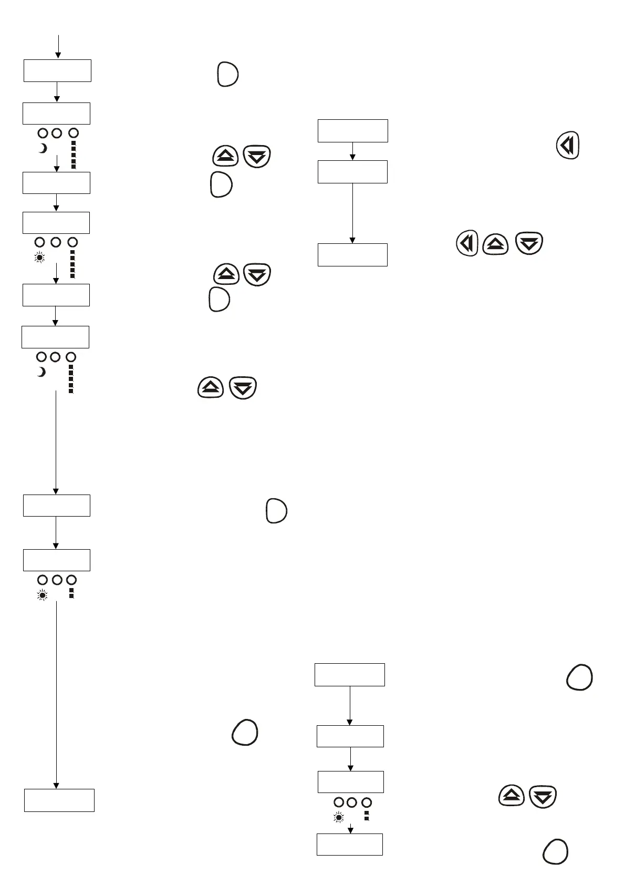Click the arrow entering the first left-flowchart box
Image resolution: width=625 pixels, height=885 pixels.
pos(58,46)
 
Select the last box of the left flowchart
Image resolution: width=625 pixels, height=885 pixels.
pos(59,800)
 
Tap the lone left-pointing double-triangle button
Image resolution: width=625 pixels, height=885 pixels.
pos(567,145)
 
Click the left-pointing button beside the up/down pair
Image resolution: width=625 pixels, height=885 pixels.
pos(467,243)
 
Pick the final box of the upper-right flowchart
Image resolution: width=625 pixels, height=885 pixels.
pos(352,255)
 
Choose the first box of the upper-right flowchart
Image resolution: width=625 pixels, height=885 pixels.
pos(352,131)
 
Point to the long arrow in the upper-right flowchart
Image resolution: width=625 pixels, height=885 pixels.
pos(352,213)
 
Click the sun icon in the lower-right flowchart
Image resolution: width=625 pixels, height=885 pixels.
pos(339,818)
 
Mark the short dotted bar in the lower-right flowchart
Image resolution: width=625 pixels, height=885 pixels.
pos(367,816)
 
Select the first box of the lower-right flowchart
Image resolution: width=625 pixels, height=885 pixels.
pos(349,675)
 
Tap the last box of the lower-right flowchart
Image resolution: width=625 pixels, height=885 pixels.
pos(349,844)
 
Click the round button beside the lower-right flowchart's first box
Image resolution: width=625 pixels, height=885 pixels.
pos(579,677)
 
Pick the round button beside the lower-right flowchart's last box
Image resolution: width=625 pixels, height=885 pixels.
pos(555,851)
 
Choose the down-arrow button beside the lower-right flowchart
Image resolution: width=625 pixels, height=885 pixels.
pos(543,797)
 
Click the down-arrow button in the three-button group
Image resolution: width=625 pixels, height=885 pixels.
pos(529,243)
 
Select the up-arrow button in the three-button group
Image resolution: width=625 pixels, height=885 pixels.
pos(495,243)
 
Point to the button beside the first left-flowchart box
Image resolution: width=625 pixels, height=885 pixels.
pos(227,74)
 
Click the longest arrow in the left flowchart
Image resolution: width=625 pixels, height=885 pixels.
pos(56,694)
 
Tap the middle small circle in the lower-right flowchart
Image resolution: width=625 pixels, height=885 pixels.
pos(352,802)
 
